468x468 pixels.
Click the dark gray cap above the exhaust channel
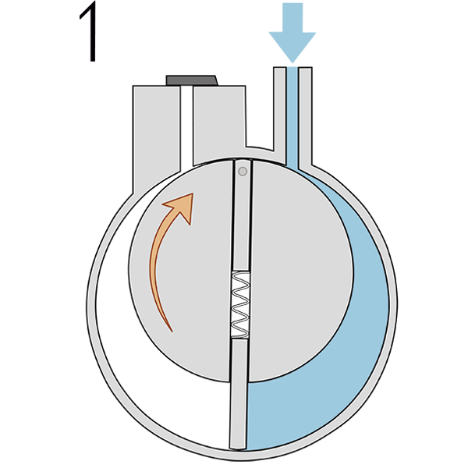(x=192, y=80)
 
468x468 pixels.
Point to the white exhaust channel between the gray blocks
(x=187, y=129)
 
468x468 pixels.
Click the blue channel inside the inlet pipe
(x=292, y=116)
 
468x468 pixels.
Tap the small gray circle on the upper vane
(x=243, y=172)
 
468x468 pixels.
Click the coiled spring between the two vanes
(x=240, y=304)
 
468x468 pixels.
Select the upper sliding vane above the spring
(x=243, y=215)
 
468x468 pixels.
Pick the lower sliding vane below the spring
(x=239, y=394)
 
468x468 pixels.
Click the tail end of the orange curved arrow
(x=172, y=331)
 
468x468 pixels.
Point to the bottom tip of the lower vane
(x=238, y=448)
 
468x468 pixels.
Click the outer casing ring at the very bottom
(x=239, y=456)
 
